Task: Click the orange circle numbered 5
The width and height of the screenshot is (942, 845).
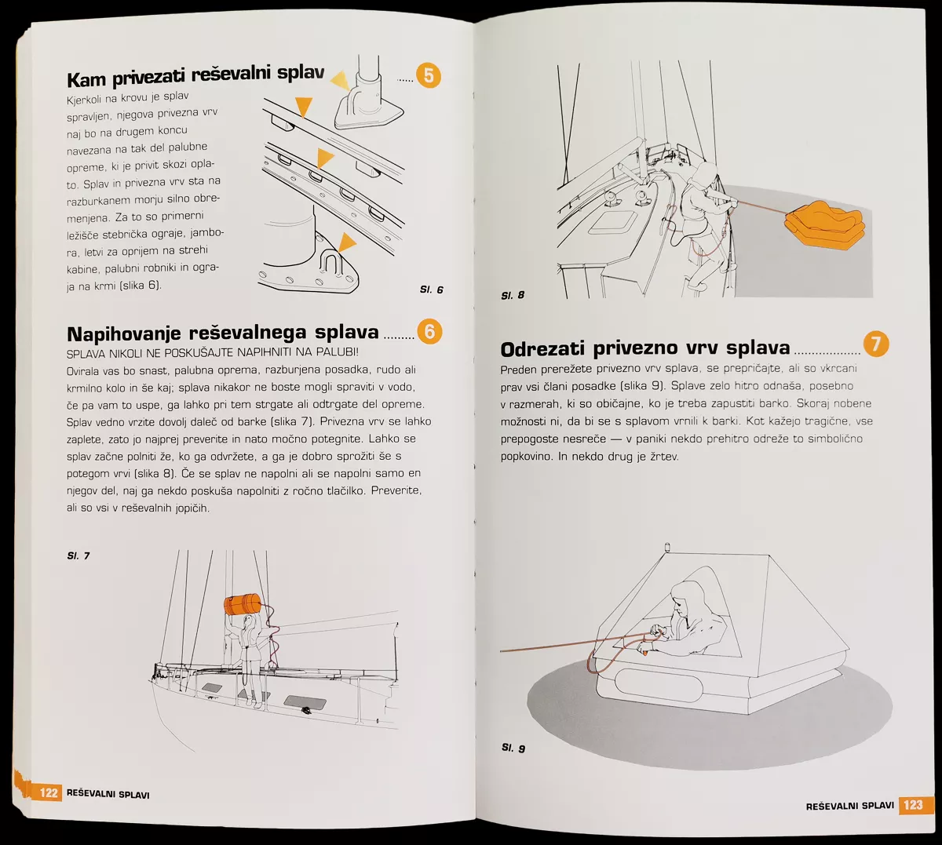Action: point(429,76)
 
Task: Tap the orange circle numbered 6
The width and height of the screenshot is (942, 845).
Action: point(429,331)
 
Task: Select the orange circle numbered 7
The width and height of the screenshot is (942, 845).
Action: point(876,344)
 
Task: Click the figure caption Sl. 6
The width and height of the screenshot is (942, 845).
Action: point(432,290)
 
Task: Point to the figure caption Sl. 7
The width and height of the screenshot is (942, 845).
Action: point(78,556)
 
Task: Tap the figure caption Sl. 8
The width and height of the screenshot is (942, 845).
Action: point(513,295)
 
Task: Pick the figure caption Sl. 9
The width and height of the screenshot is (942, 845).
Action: point(513,748)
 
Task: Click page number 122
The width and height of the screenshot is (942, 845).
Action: point(49,792)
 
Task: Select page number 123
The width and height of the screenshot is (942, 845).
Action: point(913,804)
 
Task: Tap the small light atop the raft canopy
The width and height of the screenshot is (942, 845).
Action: point(668,546)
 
